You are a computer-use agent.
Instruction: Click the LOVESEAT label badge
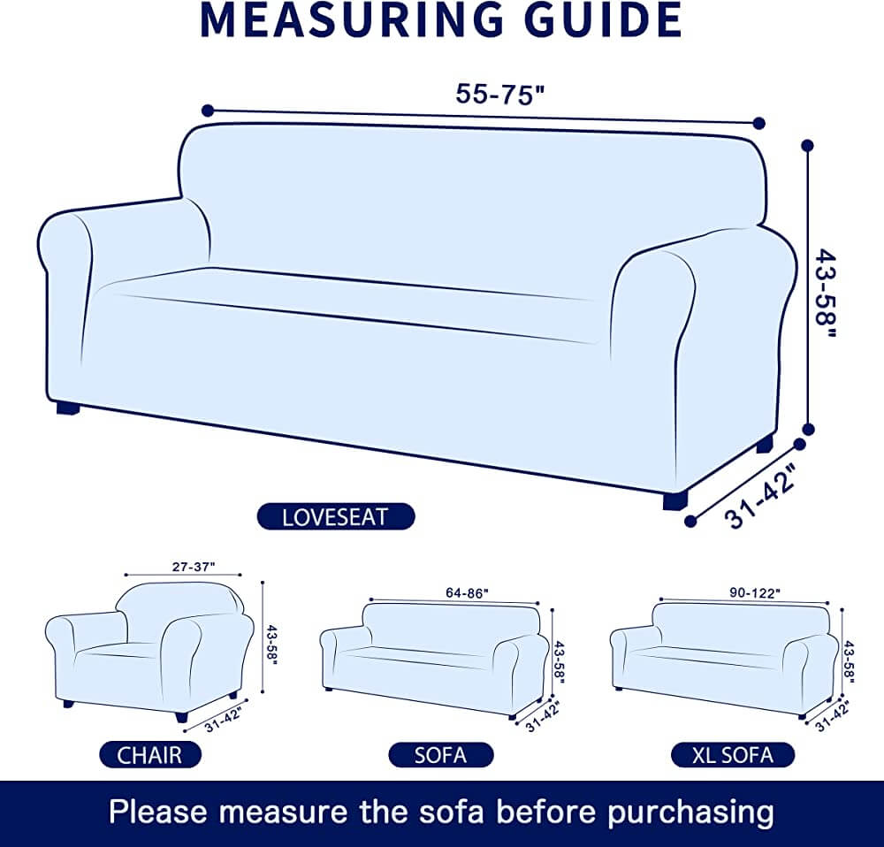(336, 516)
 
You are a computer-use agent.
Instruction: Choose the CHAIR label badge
(149, 754)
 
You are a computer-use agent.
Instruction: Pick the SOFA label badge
(440, 754)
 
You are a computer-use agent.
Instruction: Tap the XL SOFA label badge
(733, 754)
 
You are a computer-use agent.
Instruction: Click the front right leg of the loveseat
(674, 500)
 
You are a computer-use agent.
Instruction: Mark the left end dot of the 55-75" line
(207, 111)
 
